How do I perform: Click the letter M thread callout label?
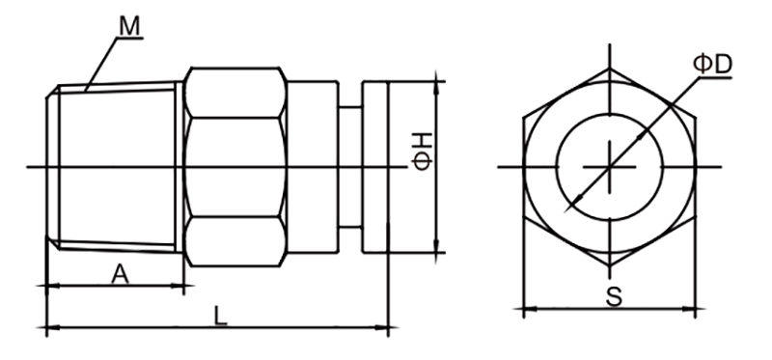(130, 26)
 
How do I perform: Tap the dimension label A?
(120, 274)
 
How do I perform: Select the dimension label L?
(221, 316)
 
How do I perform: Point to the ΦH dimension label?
(423, 152)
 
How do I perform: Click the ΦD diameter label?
(712, 65)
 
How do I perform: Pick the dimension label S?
(614, 298)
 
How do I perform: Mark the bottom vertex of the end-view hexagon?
(610, 266)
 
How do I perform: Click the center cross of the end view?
(610, 167)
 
